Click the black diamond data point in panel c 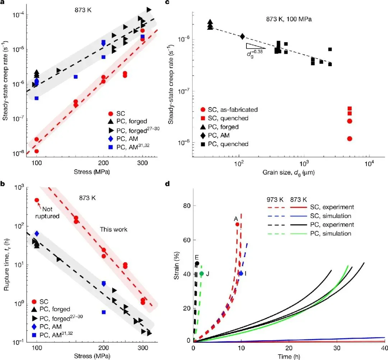[x=242, y=36]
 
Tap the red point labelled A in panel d [x=237, y=224]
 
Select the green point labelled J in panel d [x=202, y=274]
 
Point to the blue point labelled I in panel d [x=241, y=273]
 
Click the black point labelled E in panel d [x=197, y=263]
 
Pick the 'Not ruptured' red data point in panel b [x=37, y=200]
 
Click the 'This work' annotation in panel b [x=114, y=229]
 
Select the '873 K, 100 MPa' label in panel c [x=289, y=19]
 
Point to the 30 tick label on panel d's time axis [x=337, y=348]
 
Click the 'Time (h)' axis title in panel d [x=289, y=356]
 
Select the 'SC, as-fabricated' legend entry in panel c [x=229, y=110]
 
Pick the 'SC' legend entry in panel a [x=117, y=114]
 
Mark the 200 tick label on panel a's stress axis [x=103, y=163]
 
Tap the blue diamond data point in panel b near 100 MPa [x=37, y=233]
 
